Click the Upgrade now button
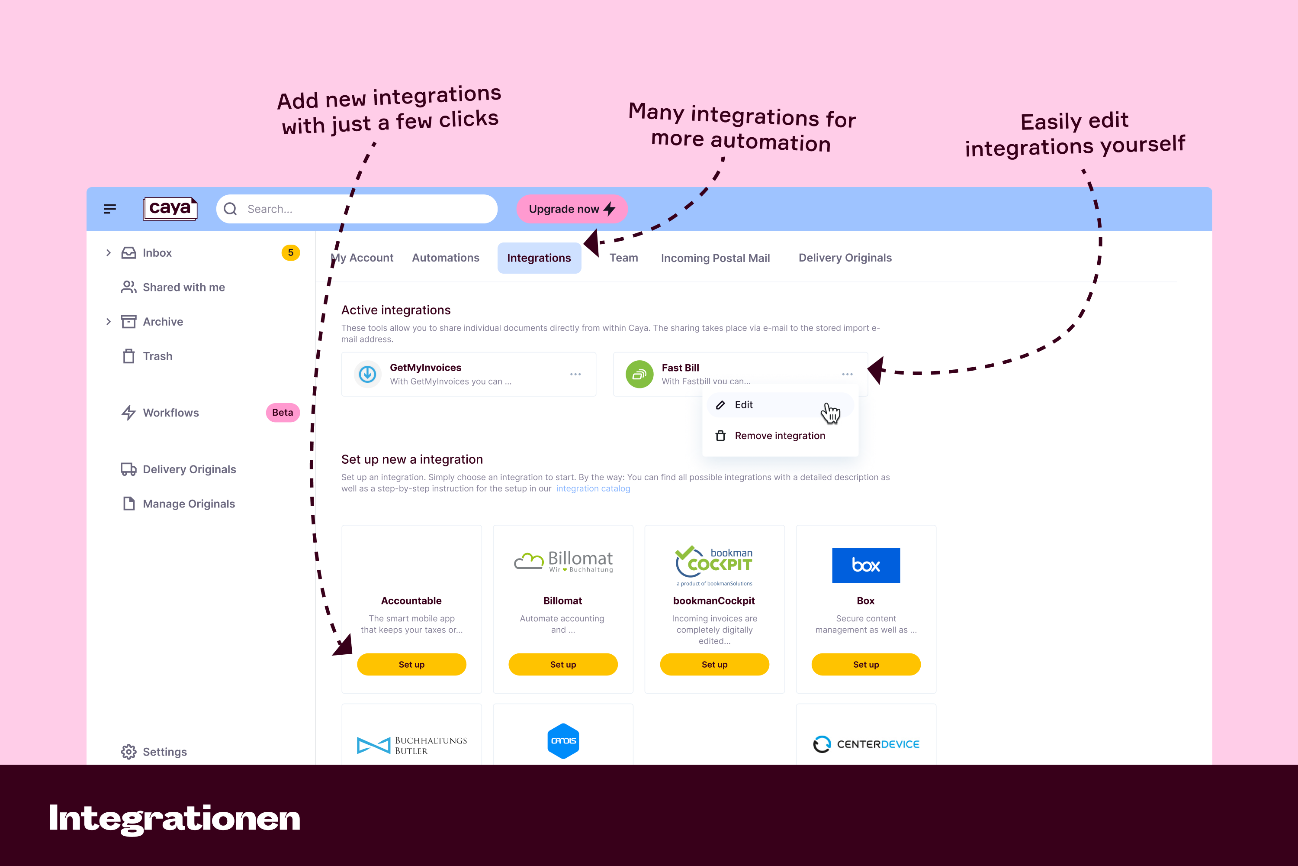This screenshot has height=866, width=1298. (571, 209)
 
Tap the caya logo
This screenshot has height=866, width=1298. (170, 208)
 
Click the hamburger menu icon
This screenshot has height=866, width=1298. (110, 209)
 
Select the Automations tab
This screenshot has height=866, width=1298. (445, 258)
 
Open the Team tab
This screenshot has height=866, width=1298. (623, 258)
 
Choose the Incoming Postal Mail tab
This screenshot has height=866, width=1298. (715, 258)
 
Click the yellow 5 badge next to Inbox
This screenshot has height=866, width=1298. (290, 252)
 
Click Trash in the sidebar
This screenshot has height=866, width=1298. (157, 356)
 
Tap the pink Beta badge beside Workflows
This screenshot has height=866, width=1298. (283, 413)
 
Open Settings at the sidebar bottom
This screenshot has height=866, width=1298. (164, 752)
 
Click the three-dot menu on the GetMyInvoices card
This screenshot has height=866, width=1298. (575, 375)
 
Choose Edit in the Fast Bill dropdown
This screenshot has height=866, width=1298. (743, 405)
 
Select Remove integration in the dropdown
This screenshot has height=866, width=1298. (779, 436)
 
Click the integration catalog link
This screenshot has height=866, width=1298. (593, 489)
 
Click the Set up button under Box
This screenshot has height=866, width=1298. (866, 664)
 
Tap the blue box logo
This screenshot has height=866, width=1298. (866, 565)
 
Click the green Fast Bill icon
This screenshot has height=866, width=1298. (639, 375)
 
